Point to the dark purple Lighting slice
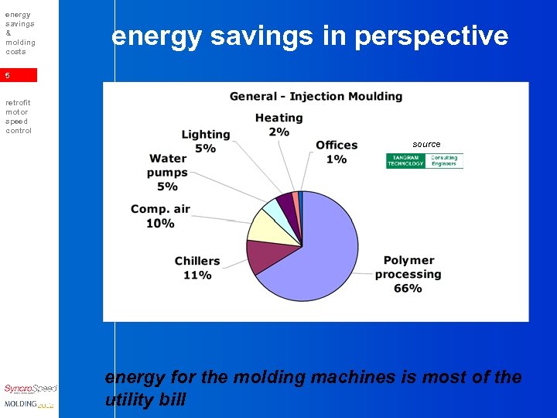pos(287,202)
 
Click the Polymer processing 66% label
pos(408,274)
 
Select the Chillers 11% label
pos(197,268)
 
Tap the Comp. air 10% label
pos(160,216)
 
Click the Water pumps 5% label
pos(168,172)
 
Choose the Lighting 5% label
pos(205,141)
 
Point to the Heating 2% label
pos(278,125)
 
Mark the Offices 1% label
pos(337,152)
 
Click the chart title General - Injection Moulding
pos(316,97)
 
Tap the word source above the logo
pos(426,144)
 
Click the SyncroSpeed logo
pos(29,389)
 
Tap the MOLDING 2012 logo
pos(29,404)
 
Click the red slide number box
pos(19,76)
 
